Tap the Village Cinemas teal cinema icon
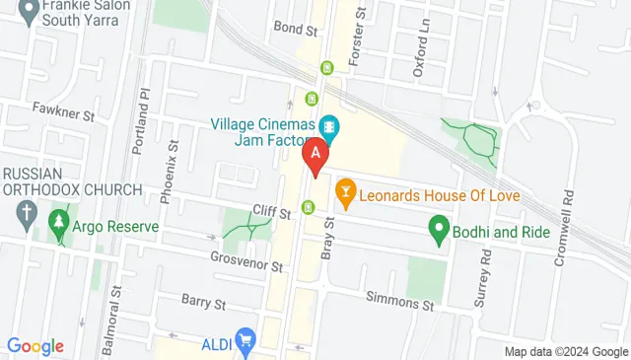click(329, 126)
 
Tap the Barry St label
click(203, 299)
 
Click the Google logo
click(35, 345)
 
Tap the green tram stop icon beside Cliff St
click(310, 207)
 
